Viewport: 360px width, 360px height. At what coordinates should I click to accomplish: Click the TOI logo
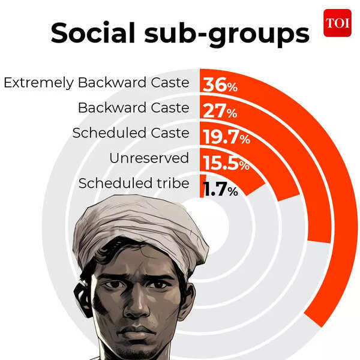337,23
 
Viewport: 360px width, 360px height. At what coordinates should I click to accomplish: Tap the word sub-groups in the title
234,35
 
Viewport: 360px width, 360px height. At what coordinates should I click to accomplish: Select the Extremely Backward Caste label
96,83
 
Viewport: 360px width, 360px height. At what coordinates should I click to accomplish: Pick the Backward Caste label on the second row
133,108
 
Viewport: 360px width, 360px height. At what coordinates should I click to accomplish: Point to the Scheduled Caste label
131,133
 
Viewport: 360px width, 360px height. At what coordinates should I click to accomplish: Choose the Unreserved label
149,158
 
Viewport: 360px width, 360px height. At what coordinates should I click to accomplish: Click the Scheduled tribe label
133,184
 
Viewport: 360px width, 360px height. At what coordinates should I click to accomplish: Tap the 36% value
220,85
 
